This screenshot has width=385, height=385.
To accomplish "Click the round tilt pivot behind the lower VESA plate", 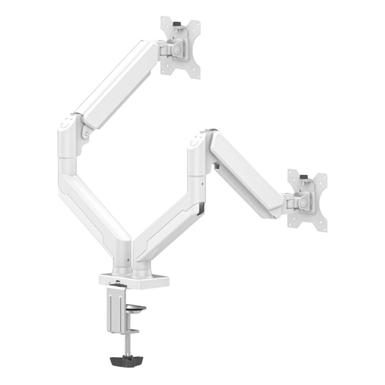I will [x=303, y=202].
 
